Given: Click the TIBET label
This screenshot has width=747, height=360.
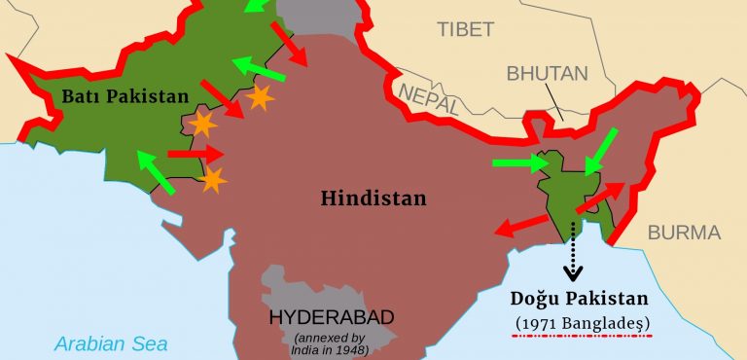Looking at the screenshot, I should pos(466,28).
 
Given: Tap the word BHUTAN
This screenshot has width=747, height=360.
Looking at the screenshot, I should pos(547,74).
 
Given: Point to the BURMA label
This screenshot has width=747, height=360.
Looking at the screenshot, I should pos(684,233).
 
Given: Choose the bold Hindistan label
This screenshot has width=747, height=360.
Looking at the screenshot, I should pos(373,198).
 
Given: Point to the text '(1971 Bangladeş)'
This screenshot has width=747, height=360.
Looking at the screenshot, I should pos(583,322).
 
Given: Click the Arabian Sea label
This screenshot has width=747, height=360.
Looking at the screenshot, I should pos(111,342).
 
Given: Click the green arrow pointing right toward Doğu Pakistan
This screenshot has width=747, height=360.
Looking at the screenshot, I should pos(521,163).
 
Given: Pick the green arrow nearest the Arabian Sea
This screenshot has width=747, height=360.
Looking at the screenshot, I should pos(155,172).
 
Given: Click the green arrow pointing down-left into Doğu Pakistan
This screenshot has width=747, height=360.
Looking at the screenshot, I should pos(602,152).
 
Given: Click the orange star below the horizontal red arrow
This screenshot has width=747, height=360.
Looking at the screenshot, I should pos(213,179).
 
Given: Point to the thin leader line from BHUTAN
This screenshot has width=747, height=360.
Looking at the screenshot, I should pos(555,104).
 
